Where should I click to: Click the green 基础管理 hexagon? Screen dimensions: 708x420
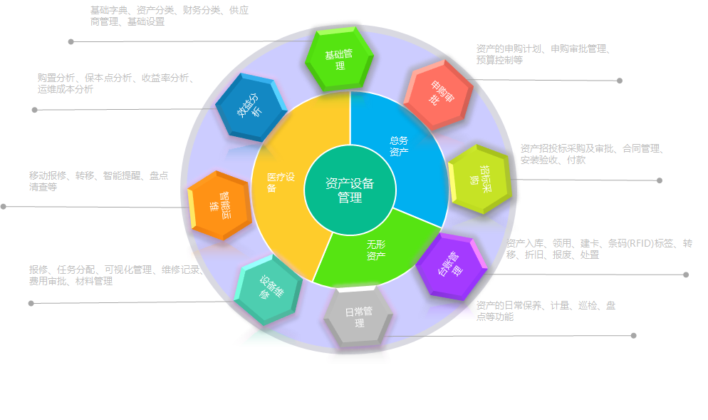point(340,59)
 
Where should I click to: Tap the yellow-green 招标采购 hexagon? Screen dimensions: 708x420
point(480,180)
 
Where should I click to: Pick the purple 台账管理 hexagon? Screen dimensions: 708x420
point(452,267)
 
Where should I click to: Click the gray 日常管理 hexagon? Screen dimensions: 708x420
point(358,317)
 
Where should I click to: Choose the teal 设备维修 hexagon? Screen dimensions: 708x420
point(269,290)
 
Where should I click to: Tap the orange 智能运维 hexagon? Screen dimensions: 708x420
point(220,205)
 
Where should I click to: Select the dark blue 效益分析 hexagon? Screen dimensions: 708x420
point(251,107)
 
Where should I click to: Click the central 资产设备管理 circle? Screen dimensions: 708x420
point(350,190)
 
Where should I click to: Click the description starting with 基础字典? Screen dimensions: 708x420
point(170,16)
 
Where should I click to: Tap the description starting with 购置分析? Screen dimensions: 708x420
point(116,83)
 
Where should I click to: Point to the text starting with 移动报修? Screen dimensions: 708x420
point(99,181)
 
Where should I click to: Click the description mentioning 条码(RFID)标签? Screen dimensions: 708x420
point(599,249)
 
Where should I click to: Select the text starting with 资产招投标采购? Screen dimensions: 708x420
point(592,154)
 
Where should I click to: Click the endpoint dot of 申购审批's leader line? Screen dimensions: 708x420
point(620,81)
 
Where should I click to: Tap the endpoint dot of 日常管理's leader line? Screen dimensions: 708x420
point(633,335)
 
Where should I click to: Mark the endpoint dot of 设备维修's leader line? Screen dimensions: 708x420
point(31,303)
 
